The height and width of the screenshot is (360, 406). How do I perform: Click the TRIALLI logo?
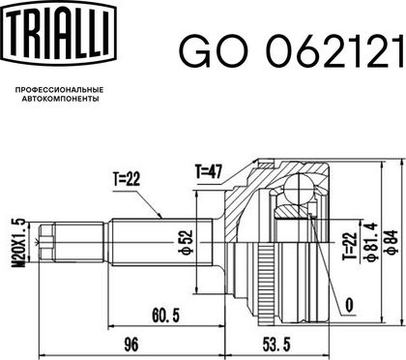pyautogui.click(x=60, y=33)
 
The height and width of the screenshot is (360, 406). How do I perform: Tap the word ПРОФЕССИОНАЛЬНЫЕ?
pyautogui.click(x=60, y=90)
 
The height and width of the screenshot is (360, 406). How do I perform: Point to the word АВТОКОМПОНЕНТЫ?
pyautogui.click(x=60, y=99)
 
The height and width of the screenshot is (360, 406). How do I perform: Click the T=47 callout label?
pyautogui.click(x=209, y=171)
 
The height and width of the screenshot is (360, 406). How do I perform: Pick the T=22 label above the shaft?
pyautogui.click(x=127, y=178)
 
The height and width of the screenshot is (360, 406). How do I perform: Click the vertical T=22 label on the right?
pyautogui.click(x=352, y=246)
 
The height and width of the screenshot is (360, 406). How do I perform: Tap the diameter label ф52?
pyautogui.click(x=187, y=242)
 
